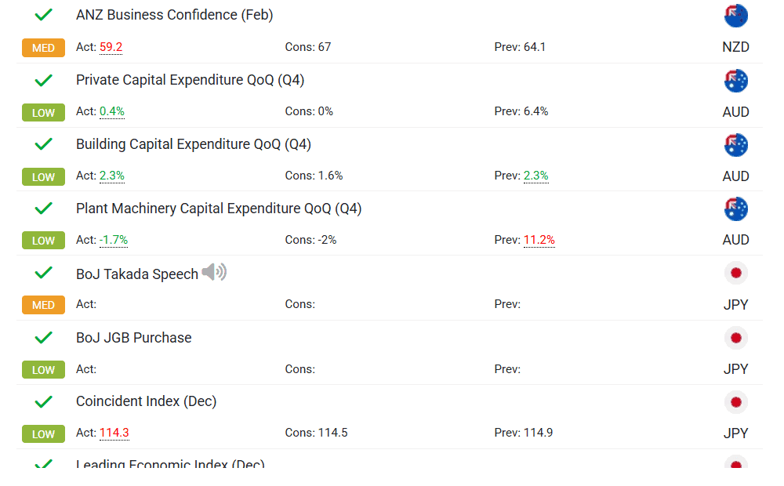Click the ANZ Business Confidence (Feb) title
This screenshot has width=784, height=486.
point(174,15)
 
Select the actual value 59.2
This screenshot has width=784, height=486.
point(111,47)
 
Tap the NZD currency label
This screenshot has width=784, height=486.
point(735,47)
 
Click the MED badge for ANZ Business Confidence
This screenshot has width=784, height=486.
point(43,48)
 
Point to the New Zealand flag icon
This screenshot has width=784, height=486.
point(736,16)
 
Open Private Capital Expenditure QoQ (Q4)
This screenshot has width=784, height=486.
point(190,80)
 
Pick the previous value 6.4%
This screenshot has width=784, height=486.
point(535,111)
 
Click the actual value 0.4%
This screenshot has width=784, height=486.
point(112,111)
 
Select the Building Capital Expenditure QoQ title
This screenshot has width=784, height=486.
point(194,144)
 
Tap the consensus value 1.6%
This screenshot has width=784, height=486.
point(330,176)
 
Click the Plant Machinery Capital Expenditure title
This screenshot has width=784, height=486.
point(219,209)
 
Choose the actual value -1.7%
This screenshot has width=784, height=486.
point(114,240)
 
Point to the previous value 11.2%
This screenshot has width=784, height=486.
point(539,240)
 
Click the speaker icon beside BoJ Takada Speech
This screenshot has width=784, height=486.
point(214,273)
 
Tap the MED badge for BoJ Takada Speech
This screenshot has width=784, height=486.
point(43,305)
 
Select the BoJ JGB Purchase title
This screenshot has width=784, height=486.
point(133,338)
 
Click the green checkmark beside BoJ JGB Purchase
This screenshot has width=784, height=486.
point(44,338)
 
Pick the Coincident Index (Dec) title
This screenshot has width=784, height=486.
point(146,401)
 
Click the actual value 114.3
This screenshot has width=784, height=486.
point(114,433)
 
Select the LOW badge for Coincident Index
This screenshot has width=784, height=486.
point(43,433)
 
